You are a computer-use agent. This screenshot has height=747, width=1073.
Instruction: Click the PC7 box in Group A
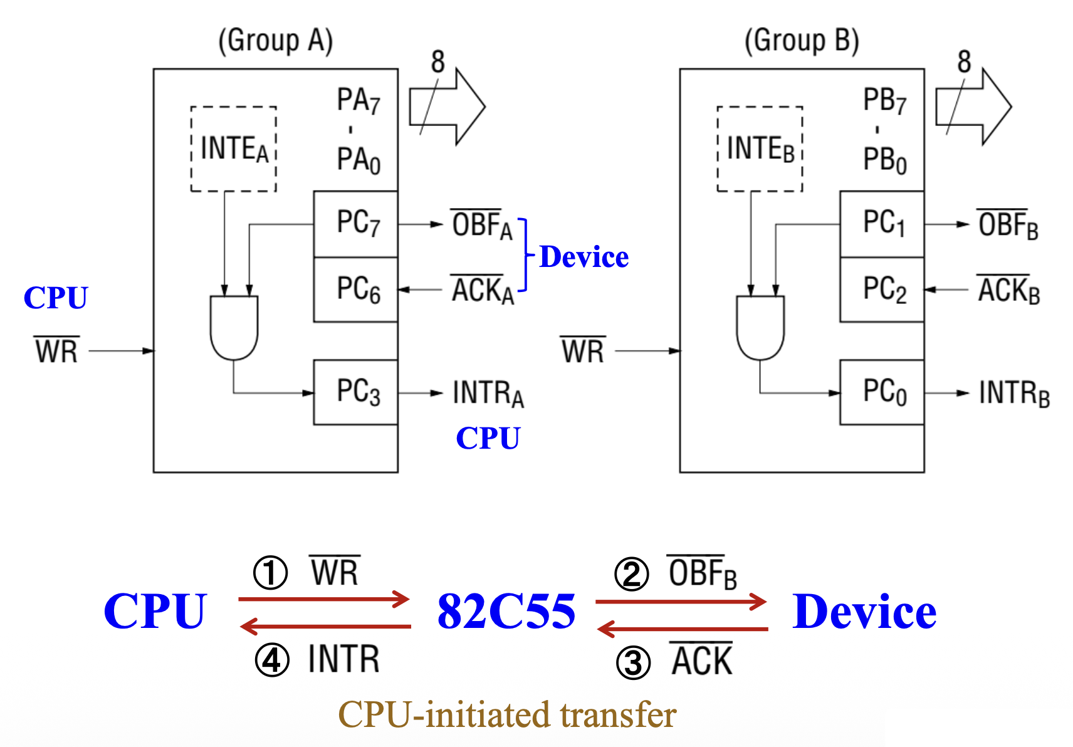(355, 224)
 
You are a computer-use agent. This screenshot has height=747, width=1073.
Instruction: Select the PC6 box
(355, 290)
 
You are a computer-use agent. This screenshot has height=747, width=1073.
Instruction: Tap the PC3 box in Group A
(355, 392)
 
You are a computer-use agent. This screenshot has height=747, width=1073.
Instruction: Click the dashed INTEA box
(234, 149)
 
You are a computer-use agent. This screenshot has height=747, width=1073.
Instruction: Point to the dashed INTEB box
(760, 149)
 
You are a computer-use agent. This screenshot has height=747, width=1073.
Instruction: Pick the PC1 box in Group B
(882, 224)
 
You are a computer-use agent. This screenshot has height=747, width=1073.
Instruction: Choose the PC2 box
(882, 290)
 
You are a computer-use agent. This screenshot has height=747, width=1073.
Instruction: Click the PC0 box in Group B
(882, 392)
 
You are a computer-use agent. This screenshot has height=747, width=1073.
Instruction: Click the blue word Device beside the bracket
(584, 257)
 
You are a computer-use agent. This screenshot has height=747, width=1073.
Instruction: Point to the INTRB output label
(1013, 394)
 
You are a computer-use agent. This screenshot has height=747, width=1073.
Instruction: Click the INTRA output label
(488, 394)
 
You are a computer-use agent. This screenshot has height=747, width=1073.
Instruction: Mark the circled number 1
(270, 573)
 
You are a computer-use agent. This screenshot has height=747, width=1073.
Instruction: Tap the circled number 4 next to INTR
(272, 661)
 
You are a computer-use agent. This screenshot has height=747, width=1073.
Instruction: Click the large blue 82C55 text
(506, 611)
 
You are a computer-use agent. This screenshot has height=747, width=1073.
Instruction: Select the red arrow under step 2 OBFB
(681, 602)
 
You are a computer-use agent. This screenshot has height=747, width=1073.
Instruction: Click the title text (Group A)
(275, 41)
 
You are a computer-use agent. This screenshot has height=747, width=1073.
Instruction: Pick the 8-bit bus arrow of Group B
(973, 107)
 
